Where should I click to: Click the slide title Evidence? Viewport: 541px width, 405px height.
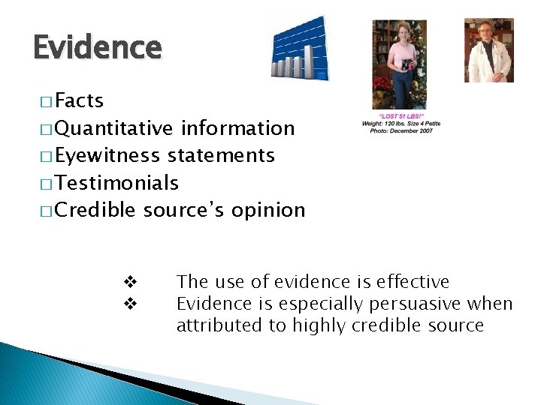[97, 48]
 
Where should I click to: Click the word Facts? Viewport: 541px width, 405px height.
[79, 100]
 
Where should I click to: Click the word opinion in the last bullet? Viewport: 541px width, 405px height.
[268, 210]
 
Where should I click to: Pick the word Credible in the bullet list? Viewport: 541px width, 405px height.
[95, 210]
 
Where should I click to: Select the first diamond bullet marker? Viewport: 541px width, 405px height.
[128, 283]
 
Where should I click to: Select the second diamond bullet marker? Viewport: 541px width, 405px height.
[128, 304]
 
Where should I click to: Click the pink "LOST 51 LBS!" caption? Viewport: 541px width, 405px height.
[400, 116]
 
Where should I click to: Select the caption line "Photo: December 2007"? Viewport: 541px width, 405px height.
[400, 131]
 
